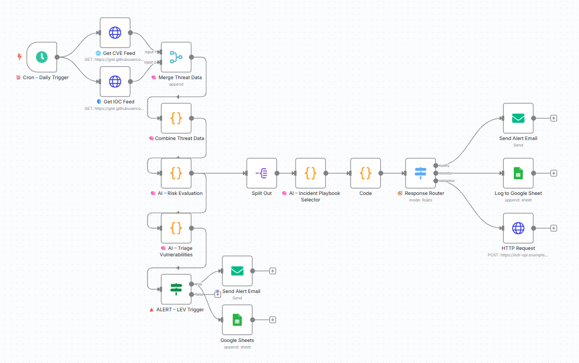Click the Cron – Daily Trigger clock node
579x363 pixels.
point(41,57)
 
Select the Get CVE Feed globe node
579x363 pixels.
point(115,33)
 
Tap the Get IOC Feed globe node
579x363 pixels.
point(115,81)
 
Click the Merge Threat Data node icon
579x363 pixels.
point(176,57)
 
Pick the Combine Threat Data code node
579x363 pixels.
point(176,118)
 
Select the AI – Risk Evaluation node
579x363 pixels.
point(176,173)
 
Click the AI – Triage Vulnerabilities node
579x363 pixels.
point(176,228)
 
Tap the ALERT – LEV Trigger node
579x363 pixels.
point(176,289)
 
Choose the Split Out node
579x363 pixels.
point(261,173)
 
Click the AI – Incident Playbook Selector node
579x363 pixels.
point(311,173)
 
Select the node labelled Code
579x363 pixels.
point(366,173)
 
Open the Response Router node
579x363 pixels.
point(421,173)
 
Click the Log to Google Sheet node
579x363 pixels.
point(518,173)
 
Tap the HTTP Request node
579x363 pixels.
point(518,228)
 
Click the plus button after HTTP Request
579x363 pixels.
point(554,228)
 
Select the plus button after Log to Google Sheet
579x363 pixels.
point(554,173)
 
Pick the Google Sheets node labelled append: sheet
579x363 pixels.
point(237,320)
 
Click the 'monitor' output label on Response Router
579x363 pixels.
point(446,173)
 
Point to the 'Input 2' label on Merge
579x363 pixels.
point(149,62)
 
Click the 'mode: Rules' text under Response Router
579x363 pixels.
point(421,200)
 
